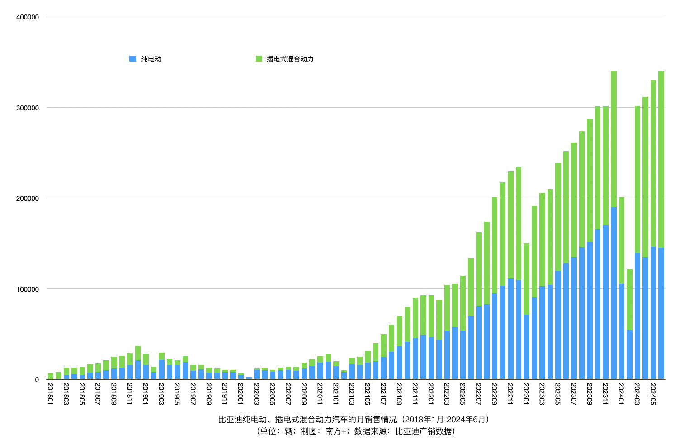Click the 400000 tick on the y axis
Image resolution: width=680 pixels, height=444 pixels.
coord(28,17)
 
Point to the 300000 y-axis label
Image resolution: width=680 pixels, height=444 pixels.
coord(28,108)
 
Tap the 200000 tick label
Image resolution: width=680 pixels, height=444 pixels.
coord(28,198)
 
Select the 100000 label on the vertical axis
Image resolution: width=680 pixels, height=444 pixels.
coord(28,289)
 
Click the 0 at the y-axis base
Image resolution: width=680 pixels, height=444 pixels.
coord(37,380)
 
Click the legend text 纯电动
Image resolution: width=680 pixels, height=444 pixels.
coord(151,59)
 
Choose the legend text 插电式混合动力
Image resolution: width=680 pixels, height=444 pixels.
coord(290,59)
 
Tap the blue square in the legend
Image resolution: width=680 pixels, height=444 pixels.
coord(132,59)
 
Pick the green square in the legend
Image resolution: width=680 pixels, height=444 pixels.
coord(259,59)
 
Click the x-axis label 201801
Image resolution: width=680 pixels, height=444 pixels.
coord(50,393)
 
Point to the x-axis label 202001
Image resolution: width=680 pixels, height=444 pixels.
coord(241,393)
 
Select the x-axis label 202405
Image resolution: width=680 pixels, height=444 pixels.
coord(653,393)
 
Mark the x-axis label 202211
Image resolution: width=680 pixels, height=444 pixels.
coord(510,393)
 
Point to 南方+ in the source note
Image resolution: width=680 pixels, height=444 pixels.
coord(335,431)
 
